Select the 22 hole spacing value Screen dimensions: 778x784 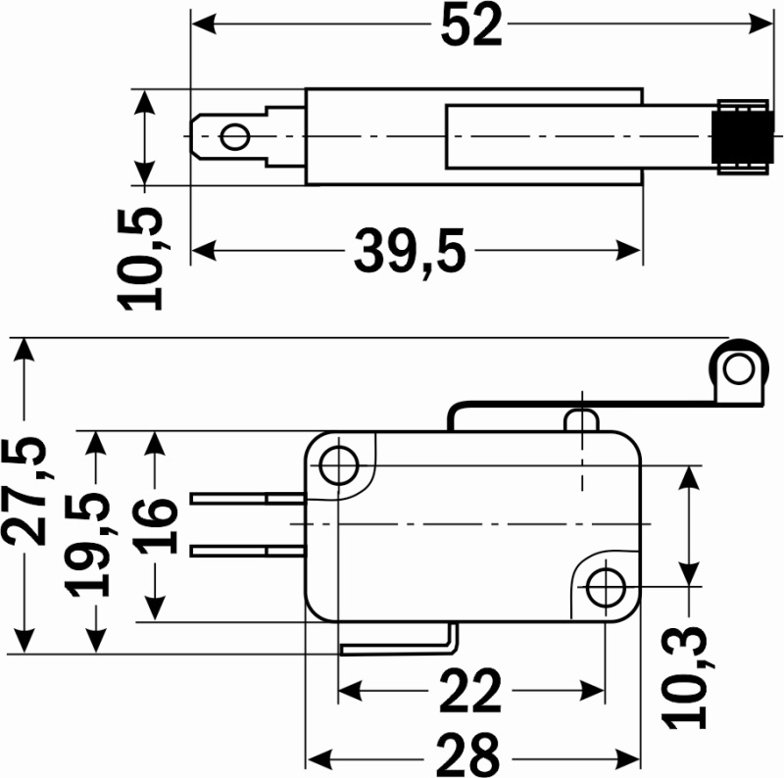469,692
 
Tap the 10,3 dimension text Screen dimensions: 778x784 690,676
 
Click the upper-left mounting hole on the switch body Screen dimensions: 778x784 339,464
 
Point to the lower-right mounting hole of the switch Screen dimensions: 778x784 607,585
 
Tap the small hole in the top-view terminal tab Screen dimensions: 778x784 234,135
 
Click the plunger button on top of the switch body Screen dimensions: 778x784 582,420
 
